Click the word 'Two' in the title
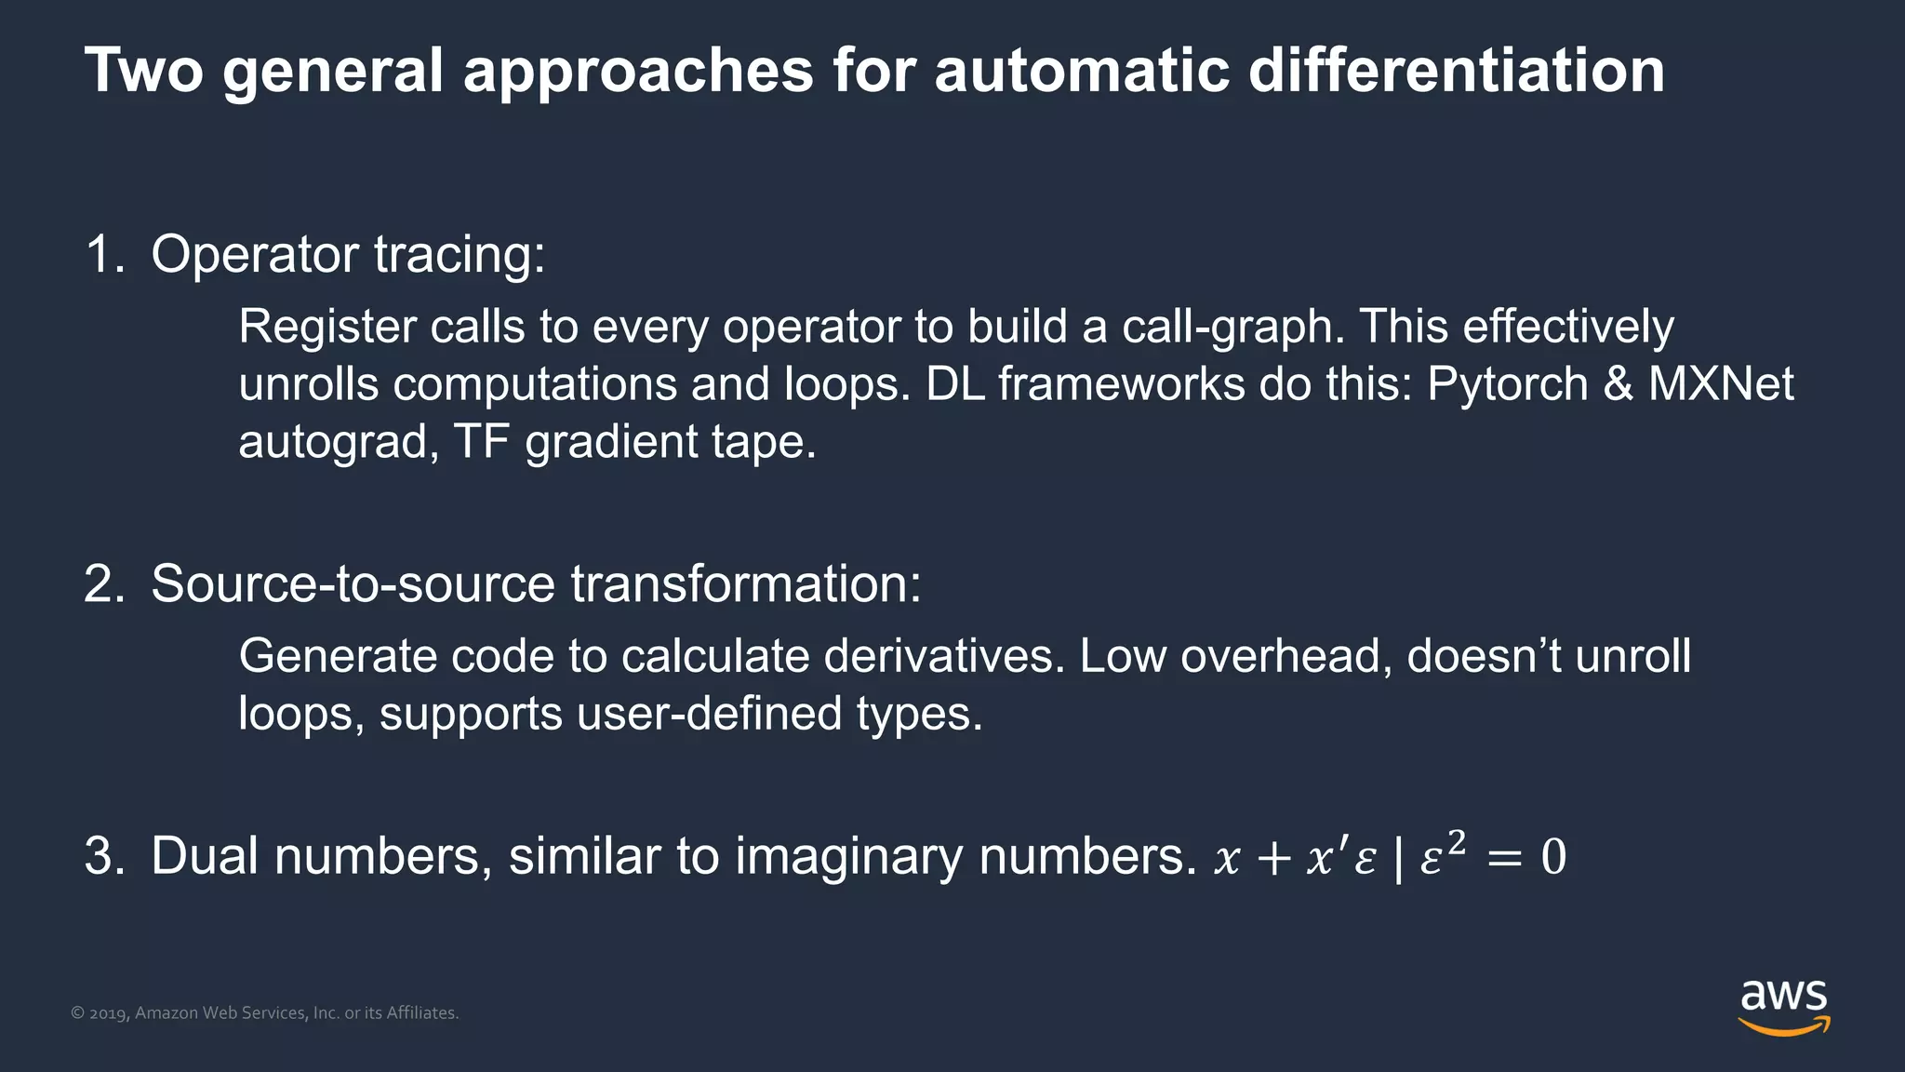pyautogui.click(x=144, y=71)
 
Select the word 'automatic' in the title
pyautogui.click(x=1081, y=71)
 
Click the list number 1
pyautogui.click(x=100, y=254)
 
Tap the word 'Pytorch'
pyautogui.click(x=1507, y=384)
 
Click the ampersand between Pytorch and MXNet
pyautogui.click(x=1619, y=384)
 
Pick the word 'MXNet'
pyautogui.click(x=1721, y=384)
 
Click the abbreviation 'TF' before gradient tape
pyautogui.click(x=481, y=441)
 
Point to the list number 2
pyautogui.click(x=102, y=584)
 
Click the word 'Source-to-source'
pyautogui.click(x=353, y=584)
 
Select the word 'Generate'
pyautogui.click(x=337, y=656)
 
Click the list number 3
pyautogui.click(x=102, y=856)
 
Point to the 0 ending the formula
pyautogui.click(x=1553, y=857)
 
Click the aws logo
pyautogui.click(x=1783, y=1007)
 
